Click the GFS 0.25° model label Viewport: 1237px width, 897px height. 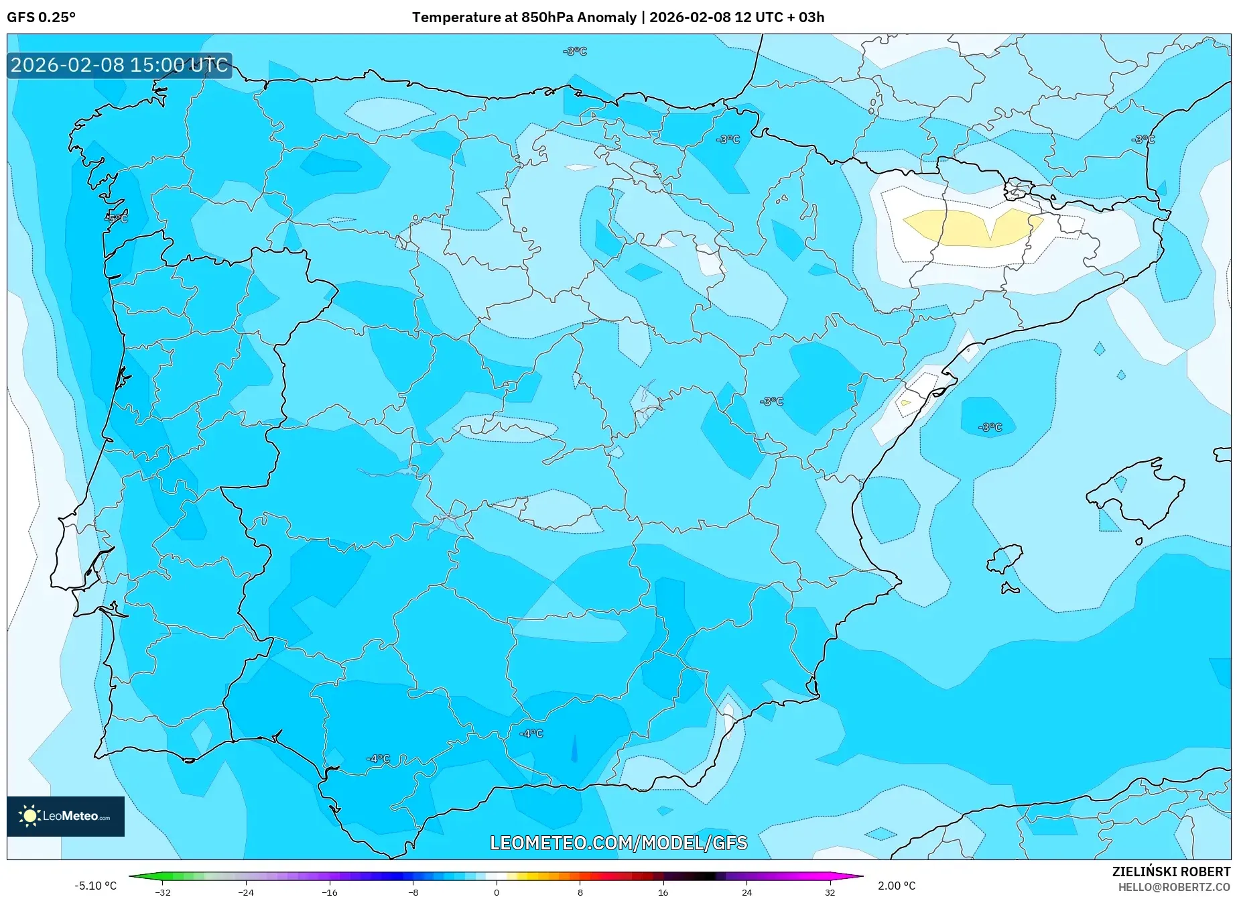click(x=41, y=17)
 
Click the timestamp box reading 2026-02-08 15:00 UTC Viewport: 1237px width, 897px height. click(x=119, y=65)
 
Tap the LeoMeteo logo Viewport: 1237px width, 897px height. click(x=65, y=816)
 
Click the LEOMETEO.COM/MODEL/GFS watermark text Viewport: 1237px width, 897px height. click(x=618, y=843)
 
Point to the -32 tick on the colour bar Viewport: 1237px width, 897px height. click(x=163, y=892)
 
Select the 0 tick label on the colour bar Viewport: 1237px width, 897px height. click(x=497, y=892)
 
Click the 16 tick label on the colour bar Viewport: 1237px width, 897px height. click(x=663, y=892)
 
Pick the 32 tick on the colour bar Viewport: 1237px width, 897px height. click(x=830, y=892)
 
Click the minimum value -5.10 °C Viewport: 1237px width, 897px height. click(x=95, y=886)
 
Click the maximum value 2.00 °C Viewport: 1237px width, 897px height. click(x=897, y=886)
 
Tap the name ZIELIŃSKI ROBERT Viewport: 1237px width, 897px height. click(x=1171, y=872)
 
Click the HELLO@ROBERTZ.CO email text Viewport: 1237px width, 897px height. click(x=1173, y=887)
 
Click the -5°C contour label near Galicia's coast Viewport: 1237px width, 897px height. click(x=116, y=218)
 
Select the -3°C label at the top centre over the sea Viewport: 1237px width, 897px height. click(x=575, y=52)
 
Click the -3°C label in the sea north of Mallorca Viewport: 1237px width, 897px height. click(x=990, y=427)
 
